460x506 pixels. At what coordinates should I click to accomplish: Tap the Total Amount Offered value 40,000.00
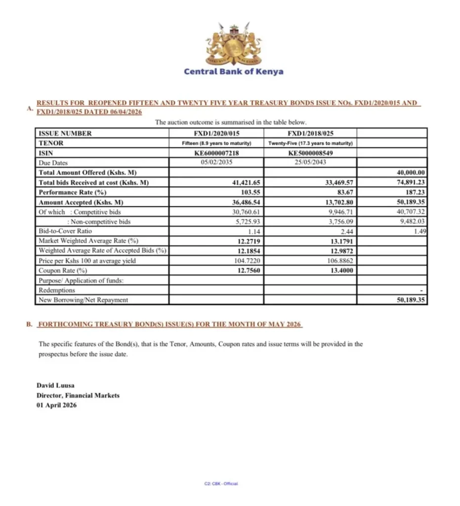(x=411, y=172)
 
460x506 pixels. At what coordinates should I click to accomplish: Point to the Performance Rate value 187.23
(x=416, y=192)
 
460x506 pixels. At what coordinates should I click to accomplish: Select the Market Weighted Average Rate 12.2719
(x=247, y=241)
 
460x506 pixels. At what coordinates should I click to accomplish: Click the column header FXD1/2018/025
(x=310, y=133)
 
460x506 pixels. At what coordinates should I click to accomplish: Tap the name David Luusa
(x=55, y=385)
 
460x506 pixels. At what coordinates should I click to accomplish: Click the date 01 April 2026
(x=57, y=405)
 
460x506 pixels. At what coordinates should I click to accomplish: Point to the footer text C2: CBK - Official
(x=221, y=484)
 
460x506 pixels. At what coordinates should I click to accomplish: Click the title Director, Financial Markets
(x=78, y=395)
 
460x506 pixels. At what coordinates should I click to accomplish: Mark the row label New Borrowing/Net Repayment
(x=83, y=300)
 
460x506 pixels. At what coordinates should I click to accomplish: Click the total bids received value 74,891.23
(x=411, y=182)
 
